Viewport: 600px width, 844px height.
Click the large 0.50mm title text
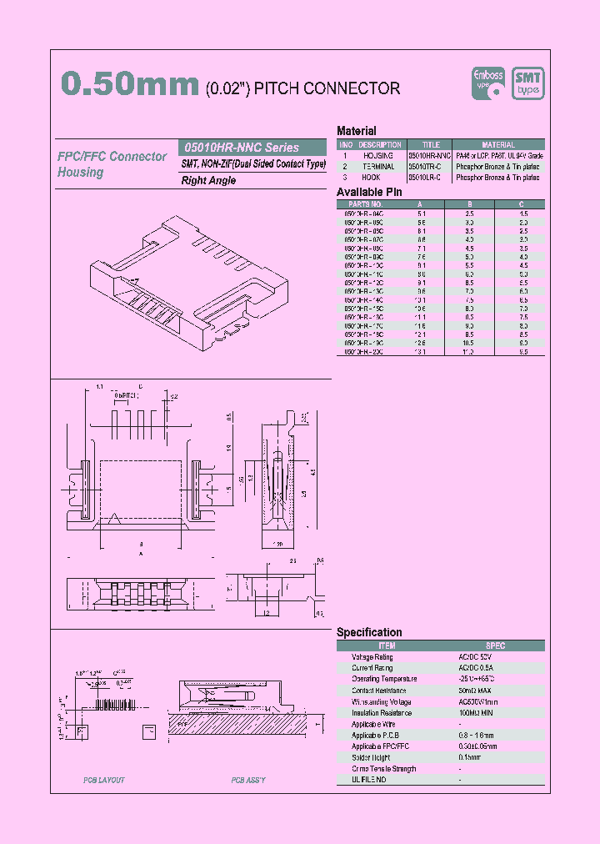[x=130, y=86]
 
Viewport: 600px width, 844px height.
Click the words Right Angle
[x=208, y=180]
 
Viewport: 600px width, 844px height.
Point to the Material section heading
[x=356, y=131]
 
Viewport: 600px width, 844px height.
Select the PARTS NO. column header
[x=365, y=203]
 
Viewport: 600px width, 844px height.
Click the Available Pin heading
[x=369, y=192]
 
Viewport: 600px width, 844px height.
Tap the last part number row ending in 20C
[x=364, y=352]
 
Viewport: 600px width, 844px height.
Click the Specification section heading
[x=369, y=632]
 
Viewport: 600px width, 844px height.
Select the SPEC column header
[x=495, y=646]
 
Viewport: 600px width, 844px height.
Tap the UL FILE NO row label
[x=369, y=780]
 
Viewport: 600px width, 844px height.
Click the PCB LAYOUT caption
[x=104, y=780]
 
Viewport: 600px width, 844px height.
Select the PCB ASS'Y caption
[x=248, y=780]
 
